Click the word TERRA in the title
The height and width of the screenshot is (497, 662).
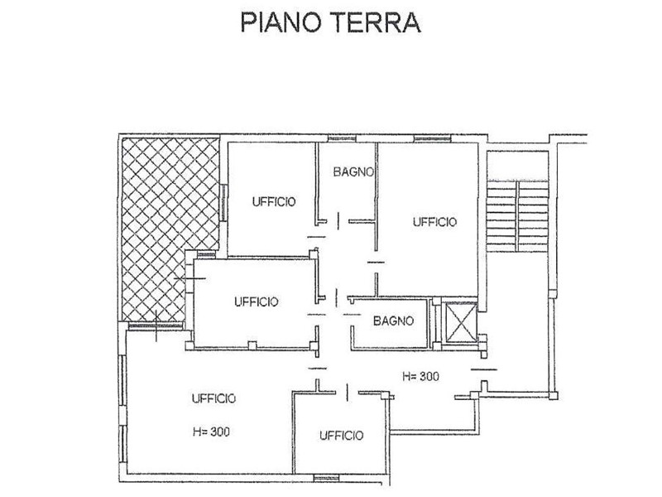(x=378, y=22)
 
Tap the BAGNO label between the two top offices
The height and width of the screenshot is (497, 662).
(x=355, y=172)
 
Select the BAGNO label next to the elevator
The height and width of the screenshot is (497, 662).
(x=393, y=321)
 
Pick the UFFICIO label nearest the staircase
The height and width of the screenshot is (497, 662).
(x=434, y=221)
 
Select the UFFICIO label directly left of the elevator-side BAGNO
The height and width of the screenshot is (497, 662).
(x=255, y=301)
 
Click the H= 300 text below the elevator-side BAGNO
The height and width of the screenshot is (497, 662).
(x=420, y=376)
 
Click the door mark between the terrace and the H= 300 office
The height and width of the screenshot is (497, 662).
(x=156, y=324)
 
